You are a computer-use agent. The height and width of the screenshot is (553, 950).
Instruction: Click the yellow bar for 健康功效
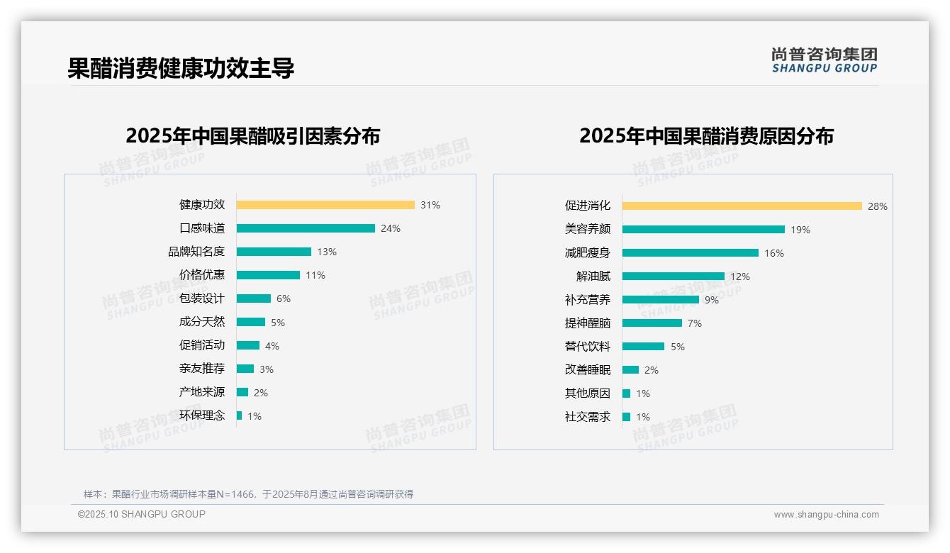(325, 205)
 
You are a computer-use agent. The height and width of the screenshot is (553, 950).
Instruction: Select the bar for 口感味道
(306, 228)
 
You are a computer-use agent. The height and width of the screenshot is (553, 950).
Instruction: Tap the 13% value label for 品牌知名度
(327, 252)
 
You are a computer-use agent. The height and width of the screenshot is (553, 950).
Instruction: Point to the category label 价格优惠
(201, 275)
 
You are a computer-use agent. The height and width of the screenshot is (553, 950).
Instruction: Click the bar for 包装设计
(254, 298)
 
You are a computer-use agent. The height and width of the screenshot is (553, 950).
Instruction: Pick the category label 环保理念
(201, 415)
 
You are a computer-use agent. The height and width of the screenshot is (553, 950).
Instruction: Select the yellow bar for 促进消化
(742, 206)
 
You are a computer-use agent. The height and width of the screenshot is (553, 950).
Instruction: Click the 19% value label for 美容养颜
(800, 230)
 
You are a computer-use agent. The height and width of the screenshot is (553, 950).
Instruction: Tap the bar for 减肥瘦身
(690, 253)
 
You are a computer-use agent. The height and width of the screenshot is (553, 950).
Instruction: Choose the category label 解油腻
(593, 276)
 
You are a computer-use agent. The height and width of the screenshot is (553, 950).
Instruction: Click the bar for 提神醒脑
(652, 323)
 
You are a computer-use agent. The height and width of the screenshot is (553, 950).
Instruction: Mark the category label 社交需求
(587, 417)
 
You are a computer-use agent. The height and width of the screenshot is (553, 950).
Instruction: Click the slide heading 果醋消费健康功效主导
(181, 68)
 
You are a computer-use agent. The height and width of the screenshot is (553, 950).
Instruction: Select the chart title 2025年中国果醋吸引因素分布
(253, 135)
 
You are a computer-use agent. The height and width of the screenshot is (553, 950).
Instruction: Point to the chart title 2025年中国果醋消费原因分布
(706, 135)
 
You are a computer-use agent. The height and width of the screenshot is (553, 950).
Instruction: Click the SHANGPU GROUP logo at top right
(824, 60)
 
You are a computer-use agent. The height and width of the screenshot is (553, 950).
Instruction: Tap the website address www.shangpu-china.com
(826, 515)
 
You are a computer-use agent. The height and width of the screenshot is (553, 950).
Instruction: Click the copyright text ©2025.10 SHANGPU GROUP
(142, 514)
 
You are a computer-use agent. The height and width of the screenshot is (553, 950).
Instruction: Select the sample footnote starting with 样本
(248, 494)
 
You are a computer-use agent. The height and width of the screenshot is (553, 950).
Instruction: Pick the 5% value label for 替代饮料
(678, 347)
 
